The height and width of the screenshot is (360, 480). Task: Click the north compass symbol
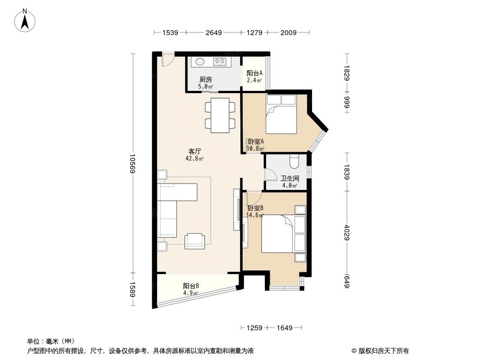tap(26, 20)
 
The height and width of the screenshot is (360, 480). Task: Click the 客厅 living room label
tap(195, 151)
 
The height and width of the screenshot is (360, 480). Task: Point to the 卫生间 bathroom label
tap(290, 178)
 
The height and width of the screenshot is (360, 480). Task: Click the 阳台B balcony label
tap(191, 286)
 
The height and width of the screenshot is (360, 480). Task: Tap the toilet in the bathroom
tap(294, 160)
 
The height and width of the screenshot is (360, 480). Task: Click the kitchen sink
tap(200, 62)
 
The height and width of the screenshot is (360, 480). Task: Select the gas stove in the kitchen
tap(220, 62)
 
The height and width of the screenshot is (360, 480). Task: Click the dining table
tap(220, 115)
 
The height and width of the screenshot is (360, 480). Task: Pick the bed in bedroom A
tap(281, 114)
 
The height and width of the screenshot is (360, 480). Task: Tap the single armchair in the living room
tap(195, 241)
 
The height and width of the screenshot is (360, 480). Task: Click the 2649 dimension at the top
tap(213, 32)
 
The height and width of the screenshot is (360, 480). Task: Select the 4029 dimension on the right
tap(347, 232)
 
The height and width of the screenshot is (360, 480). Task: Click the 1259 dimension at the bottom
tap(254, 328)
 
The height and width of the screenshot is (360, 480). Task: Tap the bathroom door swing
tap(271, 175)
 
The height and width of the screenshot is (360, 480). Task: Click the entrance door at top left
tap(168, 59)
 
